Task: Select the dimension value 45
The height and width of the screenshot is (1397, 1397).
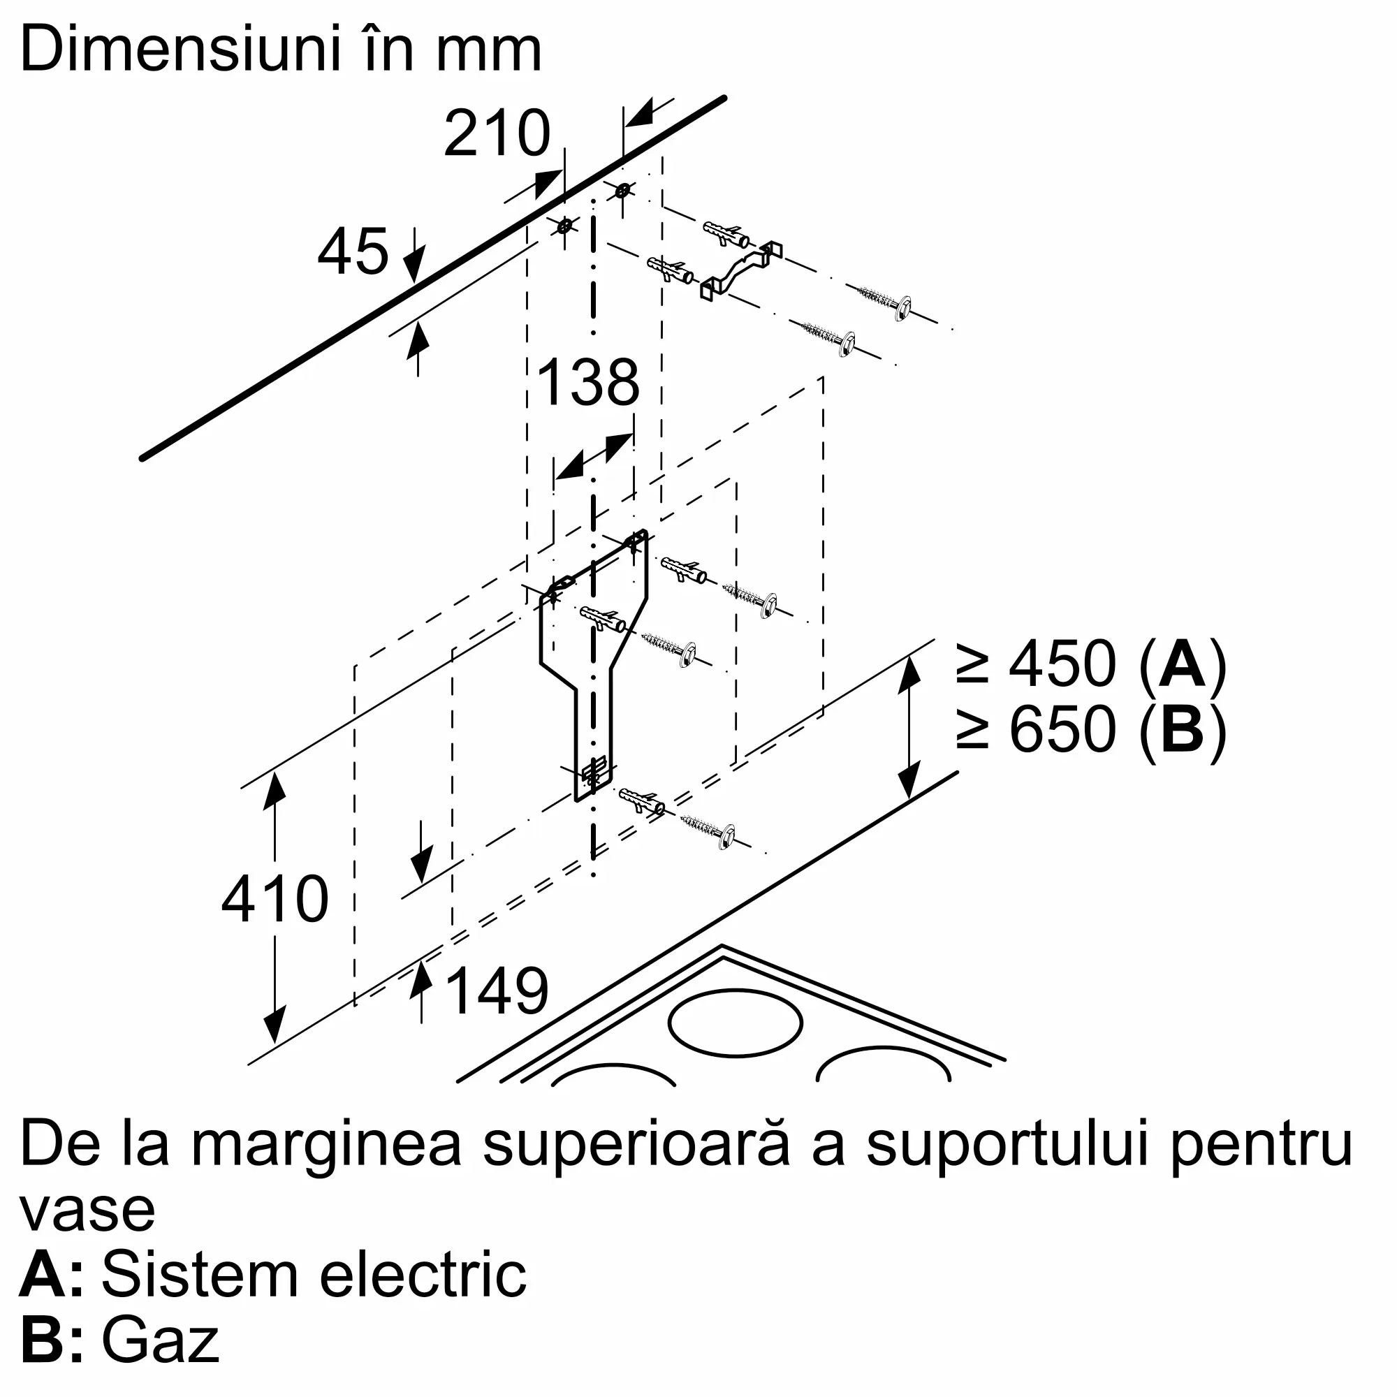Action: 353,251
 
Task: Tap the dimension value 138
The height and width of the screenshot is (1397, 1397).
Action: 589,382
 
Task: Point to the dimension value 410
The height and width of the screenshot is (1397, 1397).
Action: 275,899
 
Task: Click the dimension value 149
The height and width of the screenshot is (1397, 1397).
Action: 497,990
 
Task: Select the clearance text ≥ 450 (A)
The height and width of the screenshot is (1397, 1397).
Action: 1092,664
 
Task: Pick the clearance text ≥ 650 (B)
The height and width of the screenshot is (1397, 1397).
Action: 1092,729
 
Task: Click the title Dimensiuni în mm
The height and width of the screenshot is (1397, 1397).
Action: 281,48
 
